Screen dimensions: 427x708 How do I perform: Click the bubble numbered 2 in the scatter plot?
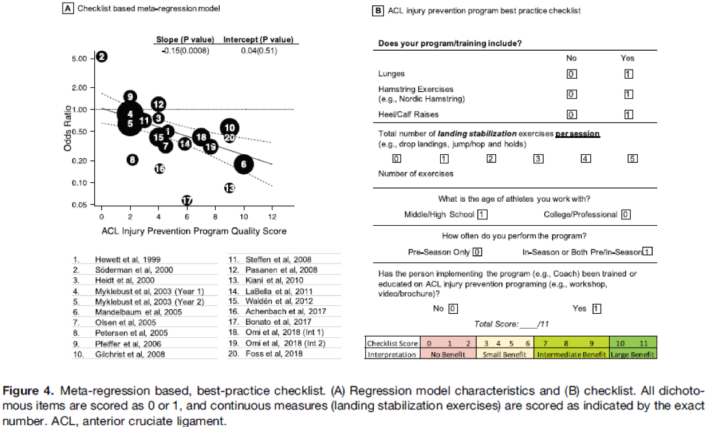pyautogui.click(x=102, y=57)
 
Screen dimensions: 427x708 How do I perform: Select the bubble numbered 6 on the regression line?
pyautogui.click(x=244, y=165)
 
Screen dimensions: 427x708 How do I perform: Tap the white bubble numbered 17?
pyautogui.click(x=187, y=200)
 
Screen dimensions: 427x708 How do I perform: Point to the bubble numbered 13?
pyautogui.click(x=229, y=188)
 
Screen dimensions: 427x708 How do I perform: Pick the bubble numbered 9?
pyautogui.click(x=131, y=97)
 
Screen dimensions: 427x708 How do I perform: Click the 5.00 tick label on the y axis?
pyautogui.click(x=79, y=59)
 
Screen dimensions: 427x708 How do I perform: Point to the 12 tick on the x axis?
pyautogui.click(x=272, y=215)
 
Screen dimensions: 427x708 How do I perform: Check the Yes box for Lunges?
pyautogui.click(x=628, y=74)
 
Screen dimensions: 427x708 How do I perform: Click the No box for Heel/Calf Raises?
pyautogui.click(x=571, y=115)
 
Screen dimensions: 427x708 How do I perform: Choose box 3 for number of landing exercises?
pyautogui.click(x=538, y=158)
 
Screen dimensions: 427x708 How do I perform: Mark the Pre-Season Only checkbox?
pyautogui.click(x=477, y=252)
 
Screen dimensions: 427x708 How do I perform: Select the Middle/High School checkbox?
pyautogui.click(x=482, y=214)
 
